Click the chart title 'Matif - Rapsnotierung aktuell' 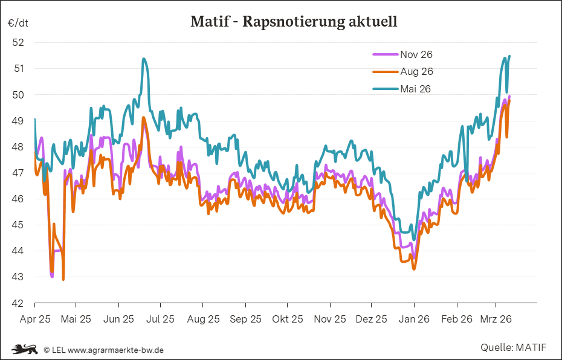click(x=294, y=22)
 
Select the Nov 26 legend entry click(x=416, y=54)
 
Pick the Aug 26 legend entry click(x=416, y=71)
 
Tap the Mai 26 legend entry click(x=415, y=89)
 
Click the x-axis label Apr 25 click(x=35, y=319)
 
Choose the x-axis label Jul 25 click(x=161, y=319)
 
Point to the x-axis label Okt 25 click(x=288, y=319)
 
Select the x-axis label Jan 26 click(x=414, y=319)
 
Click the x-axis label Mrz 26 click(x=496, y=319)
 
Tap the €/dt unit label click(x=18, y=23)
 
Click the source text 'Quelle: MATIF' click(x=513, y=348)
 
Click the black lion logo click(x=24, y=349)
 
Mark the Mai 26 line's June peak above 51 click(x=143, y=59)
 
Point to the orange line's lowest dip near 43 click(x=63, y=279)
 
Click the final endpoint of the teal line click(x=509, y=56)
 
